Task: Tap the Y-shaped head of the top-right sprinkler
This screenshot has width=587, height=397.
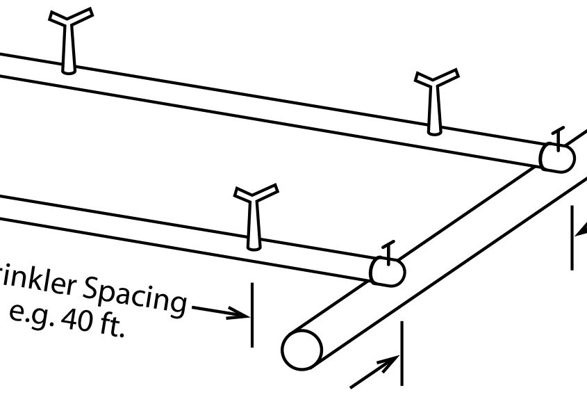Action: (436, 81)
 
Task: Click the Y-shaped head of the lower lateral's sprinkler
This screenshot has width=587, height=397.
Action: (255, 195)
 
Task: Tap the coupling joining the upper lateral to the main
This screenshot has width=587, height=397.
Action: (558, 157)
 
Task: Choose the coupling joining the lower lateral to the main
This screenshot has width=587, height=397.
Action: (387, 270)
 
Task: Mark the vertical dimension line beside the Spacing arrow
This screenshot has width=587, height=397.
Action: (252, 314)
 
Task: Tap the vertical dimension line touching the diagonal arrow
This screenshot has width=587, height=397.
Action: (402, 352)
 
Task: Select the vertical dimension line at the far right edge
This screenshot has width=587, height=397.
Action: (573, 236)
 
